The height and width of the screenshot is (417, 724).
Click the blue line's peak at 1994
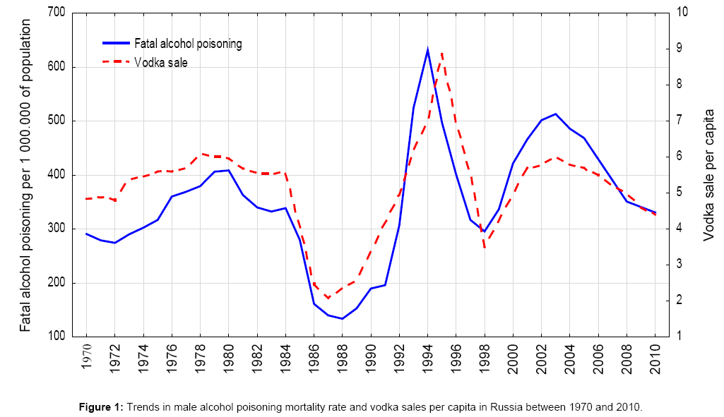coord(427,49)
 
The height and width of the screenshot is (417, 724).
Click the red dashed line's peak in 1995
coord(441,52)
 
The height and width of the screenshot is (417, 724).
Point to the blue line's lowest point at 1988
coord(342,319)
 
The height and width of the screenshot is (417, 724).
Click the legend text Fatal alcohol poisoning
coord(188,44)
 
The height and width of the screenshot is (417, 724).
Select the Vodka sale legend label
coord(161,62)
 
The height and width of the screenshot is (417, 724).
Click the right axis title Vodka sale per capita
coord(709,174)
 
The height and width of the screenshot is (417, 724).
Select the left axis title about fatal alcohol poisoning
coord(25,174)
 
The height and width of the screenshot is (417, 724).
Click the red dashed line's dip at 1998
coord(485,247)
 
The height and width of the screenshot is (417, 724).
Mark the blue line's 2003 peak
coord(555,114)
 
